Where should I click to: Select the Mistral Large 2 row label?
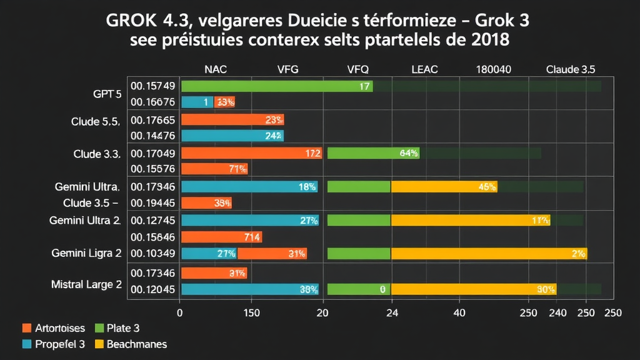(86, 284)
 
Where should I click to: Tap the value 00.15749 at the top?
(152, 86)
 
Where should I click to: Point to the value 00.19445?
(152, 202)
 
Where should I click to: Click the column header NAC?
(216, 70)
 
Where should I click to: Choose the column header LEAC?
(424, 70)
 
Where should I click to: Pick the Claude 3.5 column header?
(570, 70)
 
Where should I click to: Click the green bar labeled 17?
(277, 86)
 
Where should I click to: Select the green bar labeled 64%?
(373, 153)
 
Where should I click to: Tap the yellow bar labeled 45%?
(444, 186)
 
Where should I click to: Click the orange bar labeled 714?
(221, 237)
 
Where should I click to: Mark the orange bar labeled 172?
(251, 153)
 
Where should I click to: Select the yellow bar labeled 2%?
(489, 253)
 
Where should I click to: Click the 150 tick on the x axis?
(251, 312)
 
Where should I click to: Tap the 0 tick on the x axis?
(180, 312)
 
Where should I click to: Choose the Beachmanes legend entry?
(131, 344)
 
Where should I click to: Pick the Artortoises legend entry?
(54, 327)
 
